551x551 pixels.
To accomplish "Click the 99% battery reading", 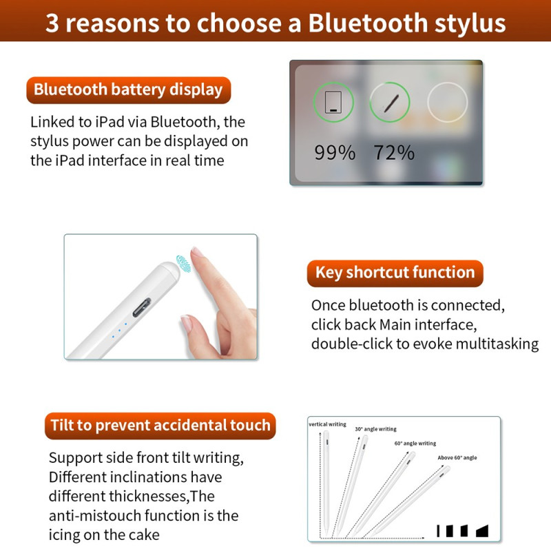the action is (335, 153).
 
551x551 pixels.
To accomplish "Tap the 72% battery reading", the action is (394, 153).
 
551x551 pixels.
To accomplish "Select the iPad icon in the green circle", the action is (333, 102).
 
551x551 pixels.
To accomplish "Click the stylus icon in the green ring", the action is (391, 103).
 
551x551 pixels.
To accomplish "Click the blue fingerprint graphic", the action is (183, 264).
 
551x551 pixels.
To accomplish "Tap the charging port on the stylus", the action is (142, 307).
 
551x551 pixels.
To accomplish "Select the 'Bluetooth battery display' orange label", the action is (129, 90).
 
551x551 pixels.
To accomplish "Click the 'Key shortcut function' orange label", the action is (395, 273).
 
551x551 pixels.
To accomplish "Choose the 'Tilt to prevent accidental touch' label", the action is (160, 426).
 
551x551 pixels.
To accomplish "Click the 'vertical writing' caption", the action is (328, 424).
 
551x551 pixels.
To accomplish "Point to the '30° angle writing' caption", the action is (375, 429).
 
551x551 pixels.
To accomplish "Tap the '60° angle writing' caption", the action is (415, 444).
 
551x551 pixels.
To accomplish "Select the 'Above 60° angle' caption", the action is (457, 457).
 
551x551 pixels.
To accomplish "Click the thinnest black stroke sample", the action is (438, 530).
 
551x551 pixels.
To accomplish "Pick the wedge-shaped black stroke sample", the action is (482, 531).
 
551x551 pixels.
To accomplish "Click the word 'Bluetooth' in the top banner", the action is (368, 23).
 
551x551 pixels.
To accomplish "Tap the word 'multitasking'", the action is (497, 344).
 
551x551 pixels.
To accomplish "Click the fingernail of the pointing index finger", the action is (198, 252).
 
